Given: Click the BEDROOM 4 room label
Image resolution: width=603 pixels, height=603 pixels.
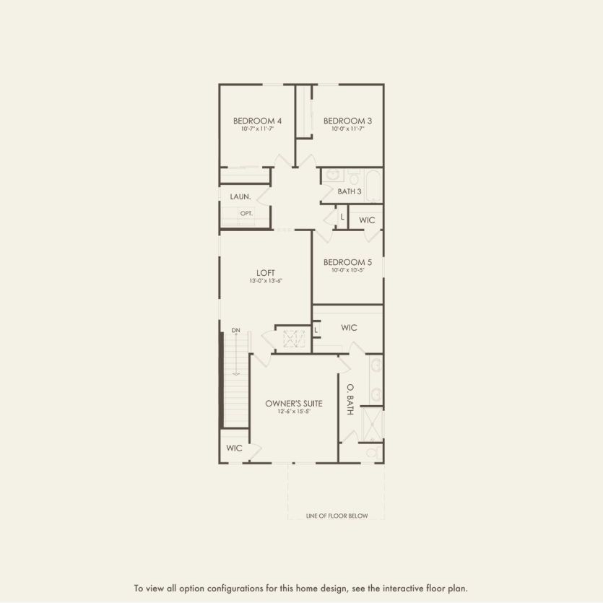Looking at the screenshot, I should pyautogui.click(x=257, y=121).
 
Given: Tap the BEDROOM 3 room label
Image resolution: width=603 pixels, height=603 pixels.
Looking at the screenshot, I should pyautogui.click(x=347, y=121).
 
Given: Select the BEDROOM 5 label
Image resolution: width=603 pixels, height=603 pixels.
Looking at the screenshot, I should pyautogui.click(x=347, y=262).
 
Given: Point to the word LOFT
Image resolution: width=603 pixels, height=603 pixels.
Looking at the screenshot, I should pyautogui.click(x=266, y=273).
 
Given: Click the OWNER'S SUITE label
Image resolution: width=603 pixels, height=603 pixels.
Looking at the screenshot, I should pyautogui.click(x=293, y=403).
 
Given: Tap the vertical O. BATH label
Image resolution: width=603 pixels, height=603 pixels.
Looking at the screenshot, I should pyautogui.click(x=350, y=399).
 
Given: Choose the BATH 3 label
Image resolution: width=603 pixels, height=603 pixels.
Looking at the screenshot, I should pyautogui.click(x=350, y=191).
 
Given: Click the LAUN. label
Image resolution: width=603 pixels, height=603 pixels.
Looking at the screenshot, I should pyautogui.click(x=240, y=196).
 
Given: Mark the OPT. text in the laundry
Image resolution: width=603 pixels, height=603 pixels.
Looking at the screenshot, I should pyautogui.click(x=246, y=214).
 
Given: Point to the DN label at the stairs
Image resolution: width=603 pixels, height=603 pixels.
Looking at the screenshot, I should pyautogui.click(x=235, y=331).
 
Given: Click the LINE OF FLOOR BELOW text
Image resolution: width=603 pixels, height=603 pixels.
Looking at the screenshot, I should pyautogui.click(x=337, y=516).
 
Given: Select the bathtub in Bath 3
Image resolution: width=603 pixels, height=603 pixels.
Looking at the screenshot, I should pyautogui.click(x=373, y=186).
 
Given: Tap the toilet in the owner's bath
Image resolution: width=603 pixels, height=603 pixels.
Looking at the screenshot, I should pyautogui.click(x=371, y=452).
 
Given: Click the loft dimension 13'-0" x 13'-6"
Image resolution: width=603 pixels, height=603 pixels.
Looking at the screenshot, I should pyautogui.click(x=266, y=281).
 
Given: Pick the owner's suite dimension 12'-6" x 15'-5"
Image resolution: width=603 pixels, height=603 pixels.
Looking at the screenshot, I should pyautogui.click(x=293, y=412).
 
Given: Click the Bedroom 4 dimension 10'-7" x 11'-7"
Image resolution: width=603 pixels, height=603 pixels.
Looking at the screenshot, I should pyautogui.click(x=257, y=129).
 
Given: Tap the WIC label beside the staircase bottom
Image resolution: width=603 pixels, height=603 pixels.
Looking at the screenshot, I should pyautogui.click(x=234, y=448).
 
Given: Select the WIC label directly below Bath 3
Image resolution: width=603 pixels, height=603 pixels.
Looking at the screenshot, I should pyautogui.click(x=367, y=220).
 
